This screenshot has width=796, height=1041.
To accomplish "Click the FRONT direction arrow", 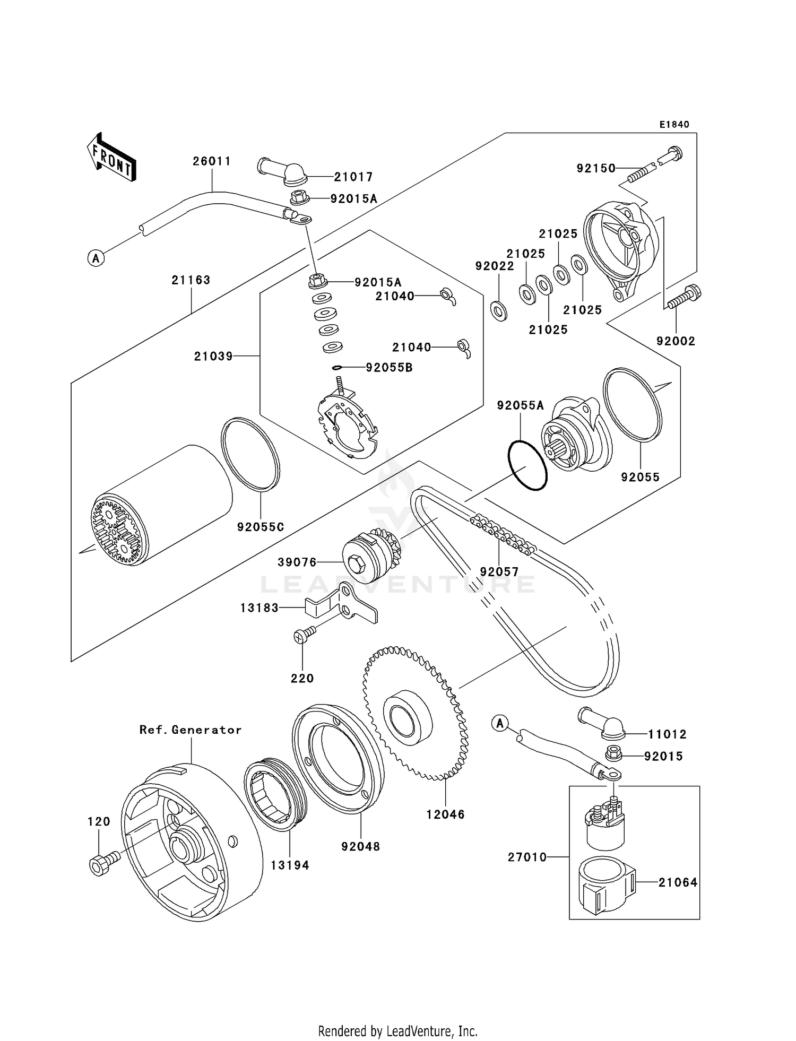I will coord(111,158).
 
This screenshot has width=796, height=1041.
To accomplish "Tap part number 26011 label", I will coord(212,161).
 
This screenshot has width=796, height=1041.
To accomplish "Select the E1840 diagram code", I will coord(674,125).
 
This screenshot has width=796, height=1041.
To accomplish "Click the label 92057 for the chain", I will coord(499,572).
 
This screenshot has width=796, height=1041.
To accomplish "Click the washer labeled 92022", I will coord(499,311).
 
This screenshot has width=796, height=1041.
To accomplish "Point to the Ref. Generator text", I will coord(191,730).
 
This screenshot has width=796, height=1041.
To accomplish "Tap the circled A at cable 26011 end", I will coord(96,258).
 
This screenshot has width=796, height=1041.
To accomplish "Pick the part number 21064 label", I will coord(678,882).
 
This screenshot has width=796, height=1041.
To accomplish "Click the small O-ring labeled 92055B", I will coord(337,367).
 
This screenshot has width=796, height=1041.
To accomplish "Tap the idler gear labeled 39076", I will coord(366,557).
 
